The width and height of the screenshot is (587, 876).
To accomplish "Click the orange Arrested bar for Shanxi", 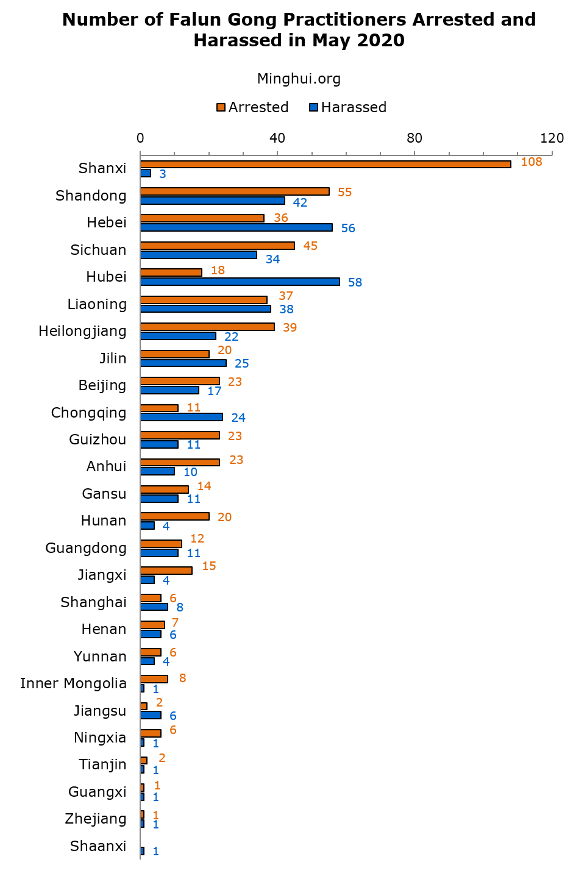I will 326,164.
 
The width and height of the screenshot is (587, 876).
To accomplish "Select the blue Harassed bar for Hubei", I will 240,282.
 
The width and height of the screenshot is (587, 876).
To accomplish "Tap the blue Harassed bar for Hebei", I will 236,227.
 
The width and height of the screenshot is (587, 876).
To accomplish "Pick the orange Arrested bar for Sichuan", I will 217,246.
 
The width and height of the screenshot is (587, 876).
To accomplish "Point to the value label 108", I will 532,162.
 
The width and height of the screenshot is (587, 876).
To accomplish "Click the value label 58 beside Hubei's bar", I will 355,282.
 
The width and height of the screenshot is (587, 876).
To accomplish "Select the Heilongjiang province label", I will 82,331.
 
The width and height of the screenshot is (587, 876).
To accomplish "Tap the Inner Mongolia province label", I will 73,683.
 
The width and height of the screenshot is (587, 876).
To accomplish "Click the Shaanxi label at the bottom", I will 98,846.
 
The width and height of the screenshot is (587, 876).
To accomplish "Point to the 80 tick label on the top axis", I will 414,138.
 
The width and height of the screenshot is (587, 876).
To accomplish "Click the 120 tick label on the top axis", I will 552,138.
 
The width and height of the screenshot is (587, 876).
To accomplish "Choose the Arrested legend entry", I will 252,107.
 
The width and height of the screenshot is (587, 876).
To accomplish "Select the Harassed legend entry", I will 347,107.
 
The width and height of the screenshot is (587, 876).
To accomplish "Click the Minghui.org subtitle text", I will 299,79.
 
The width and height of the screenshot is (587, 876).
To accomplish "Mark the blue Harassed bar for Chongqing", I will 181,417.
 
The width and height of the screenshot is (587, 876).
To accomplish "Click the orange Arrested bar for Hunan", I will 174,516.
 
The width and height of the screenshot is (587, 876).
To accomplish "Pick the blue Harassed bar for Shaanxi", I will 142,851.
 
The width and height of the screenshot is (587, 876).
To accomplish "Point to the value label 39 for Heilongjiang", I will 290,327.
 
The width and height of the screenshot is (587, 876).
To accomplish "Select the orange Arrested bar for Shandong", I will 235,191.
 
